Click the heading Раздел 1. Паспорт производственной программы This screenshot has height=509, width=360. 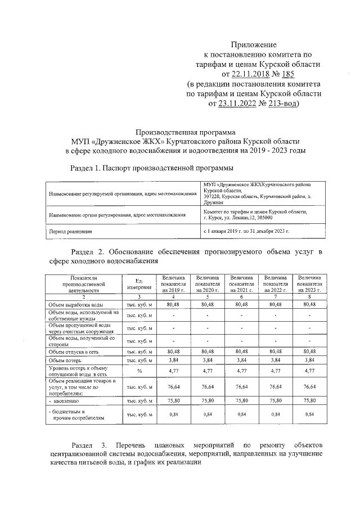(x=151, y=168)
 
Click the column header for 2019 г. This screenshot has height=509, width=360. (x=173, y=284)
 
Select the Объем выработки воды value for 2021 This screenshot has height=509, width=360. (x=241, y=304)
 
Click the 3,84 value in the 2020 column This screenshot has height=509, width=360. (x=207, y=359)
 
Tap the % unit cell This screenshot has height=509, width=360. (x=137, y=371)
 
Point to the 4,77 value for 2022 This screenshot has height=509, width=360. (x=276, y=371)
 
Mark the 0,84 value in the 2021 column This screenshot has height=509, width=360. (x=241, y=415)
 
